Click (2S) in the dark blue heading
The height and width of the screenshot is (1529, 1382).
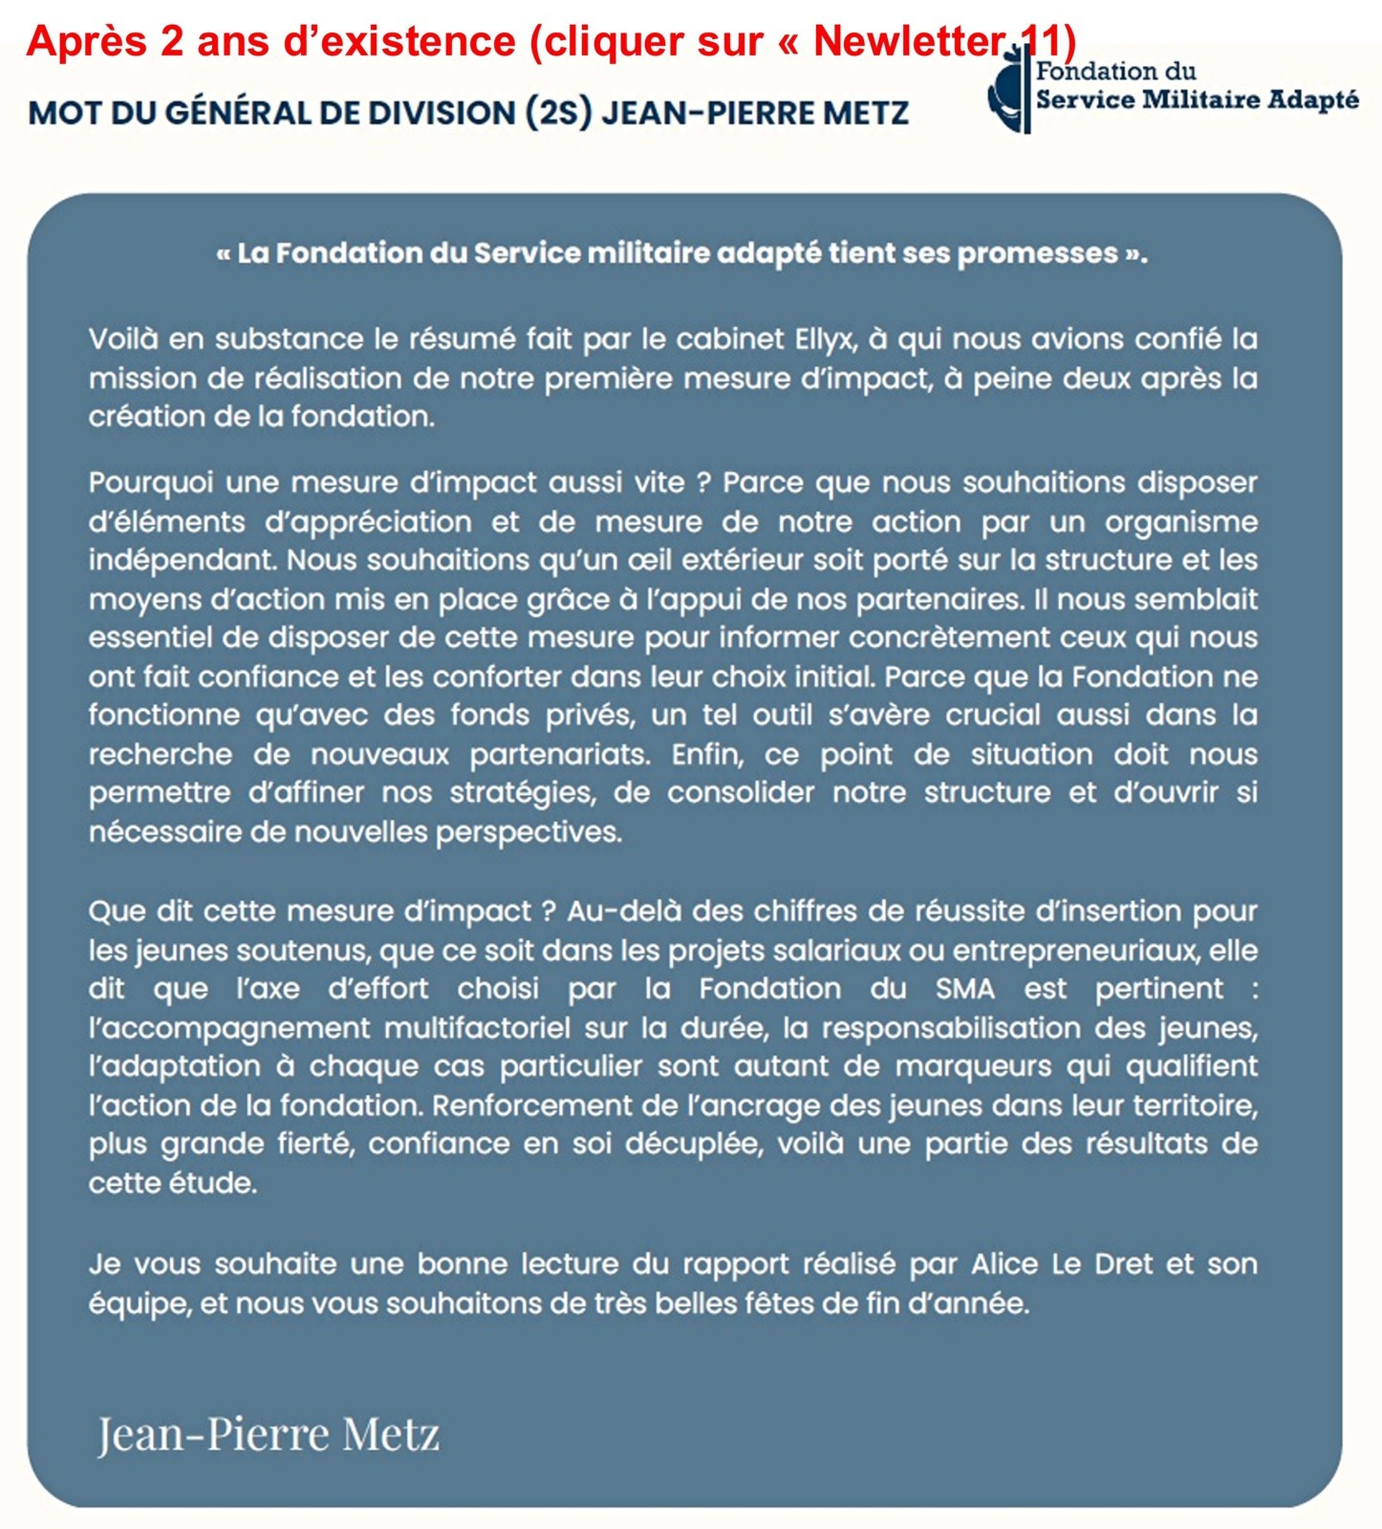(558, 113)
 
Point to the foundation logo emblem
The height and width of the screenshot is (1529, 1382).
(1008, 96)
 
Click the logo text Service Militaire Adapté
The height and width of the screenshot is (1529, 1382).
(1197, 99)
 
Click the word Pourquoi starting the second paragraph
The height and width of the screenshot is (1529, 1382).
(150, 483)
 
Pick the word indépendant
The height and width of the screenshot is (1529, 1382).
(181, 560)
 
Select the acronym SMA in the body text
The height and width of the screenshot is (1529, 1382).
(964, 988)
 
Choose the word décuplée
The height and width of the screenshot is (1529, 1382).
(693, 1144)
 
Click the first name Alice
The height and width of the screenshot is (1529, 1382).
(1004, 1264)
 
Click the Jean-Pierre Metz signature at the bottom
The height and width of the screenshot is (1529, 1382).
(269, 1433)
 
